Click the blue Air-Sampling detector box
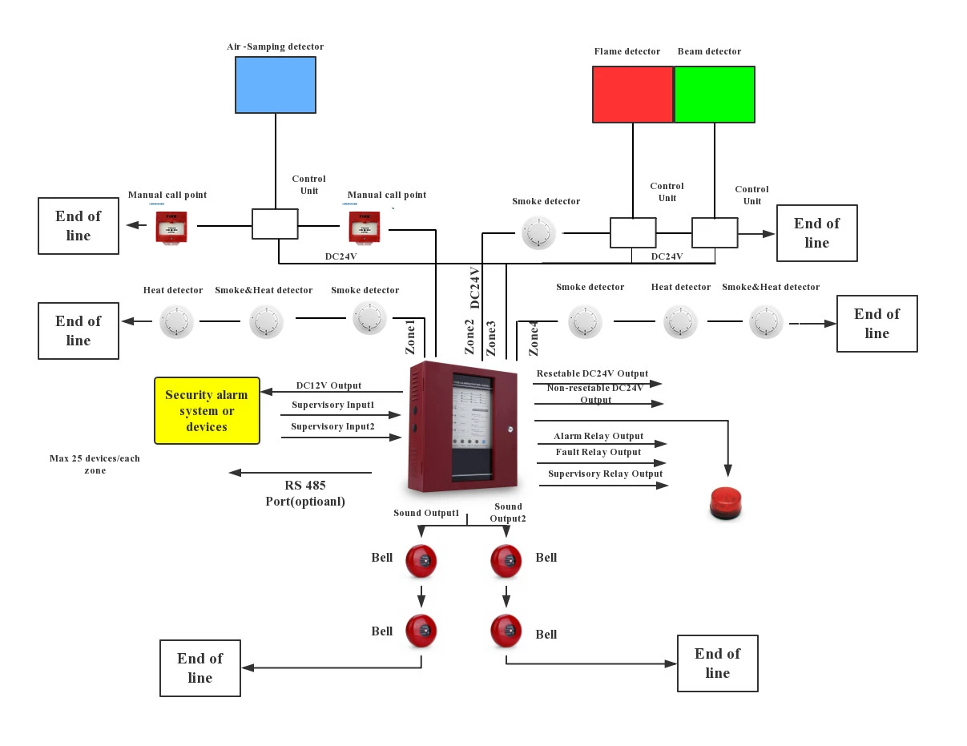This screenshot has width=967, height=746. coord(275,84)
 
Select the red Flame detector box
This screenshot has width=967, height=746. coord(632,95)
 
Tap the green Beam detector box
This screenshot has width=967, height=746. coord(715,95)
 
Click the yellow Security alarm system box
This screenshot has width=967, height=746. coord(208,410)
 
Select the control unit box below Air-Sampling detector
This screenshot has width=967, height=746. coord(275,224)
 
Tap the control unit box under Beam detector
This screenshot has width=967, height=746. coord(715,232)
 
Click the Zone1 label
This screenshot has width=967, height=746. coord(411,337)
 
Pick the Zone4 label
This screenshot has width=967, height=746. coord(534,337)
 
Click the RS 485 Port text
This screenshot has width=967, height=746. coord(305,494)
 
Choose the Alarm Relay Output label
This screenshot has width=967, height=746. coord(598,437)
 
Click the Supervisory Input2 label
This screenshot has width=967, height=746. coord(332,427)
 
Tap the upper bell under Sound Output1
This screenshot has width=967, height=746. coord(421,561)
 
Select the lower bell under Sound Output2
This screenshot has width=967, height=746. coord(506,631)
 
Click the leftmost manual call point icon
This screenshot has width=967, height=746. coord(171,227)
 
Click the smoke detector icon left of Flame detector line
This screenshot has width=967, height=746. coord(538,232)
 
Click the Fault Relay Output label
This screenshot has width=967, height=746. coord(598,453)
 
